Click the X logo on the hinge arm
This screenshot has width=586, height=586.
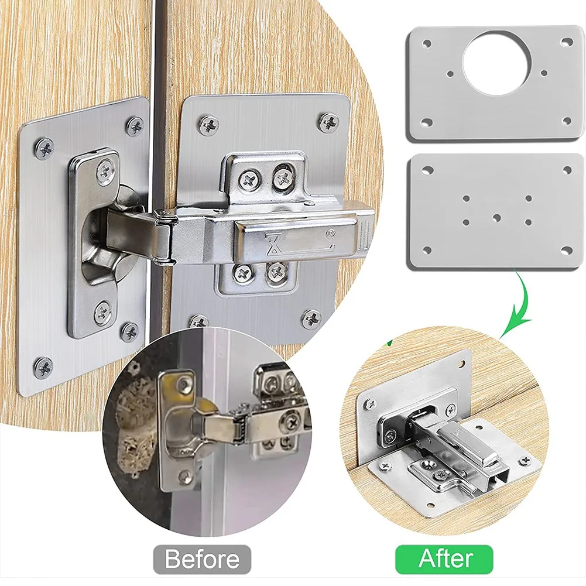tap(273, 239)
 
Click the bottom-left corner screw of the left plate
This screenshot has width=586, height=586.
tap(43, 367)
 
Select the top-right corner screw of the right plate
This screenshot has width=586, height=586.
tap(328, 122)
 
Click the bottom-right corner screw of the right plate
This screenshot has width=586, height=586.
tap(311, 318)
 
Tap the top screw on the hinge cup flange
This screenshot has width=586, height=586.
tap(105, 171)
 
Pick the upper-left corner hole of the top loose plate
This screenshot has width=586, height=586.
tap(427, 43)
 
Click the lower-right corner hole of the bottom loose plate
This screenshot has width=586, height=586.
tap(566, 251)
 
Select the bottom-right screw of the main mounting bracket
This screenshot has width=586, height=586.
tap(276, 271)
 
